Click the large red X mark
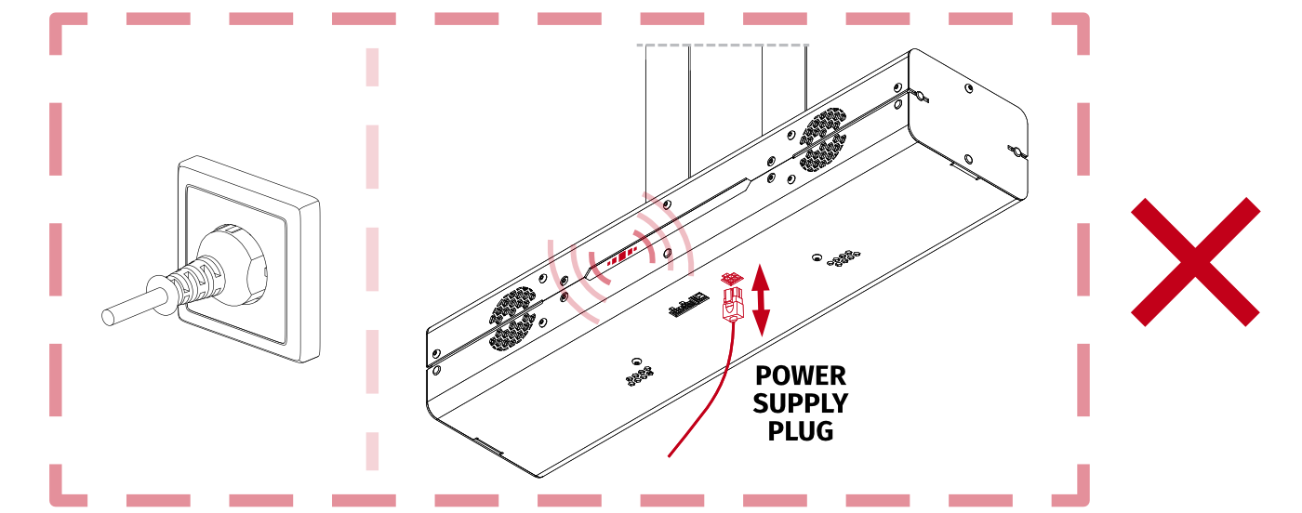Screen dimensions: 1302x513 (x=1195, y=262)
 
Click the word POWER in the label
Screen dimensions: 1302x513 (x=801, y=375)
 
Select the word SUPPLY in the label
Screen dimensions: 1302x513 (x=801, y=403)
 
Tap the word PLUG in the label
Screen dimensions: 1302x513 (x=801, y=431)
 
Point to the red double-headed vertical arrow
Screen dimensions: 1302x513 (x=761, y=300)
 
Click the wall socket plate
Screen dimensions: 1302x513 (x=249, y=259)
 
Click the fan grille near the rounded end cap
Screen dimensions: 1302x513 (x=822, y=139)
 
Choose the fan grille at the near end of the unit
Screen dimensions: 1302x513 (x=512, y=319)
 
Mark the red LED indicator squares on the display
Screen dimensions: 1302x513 (x=622, y=256)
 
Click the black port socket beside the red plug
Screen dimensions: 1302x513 (x=689, y=305)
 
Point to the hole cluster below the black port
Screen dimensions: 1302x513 (x=640, y=374)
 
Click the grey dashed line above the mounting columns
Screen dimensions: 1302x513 (x=723, y=45)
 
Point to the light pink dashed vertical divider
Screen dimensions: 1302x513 (x=373, y=259)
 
